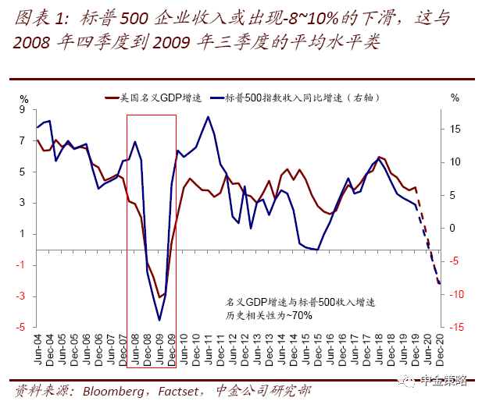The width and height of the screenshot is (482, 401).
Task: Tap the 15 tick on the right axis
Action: (456, 129)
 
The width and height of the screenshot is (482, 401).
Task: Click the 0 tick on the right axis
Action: (455, 228)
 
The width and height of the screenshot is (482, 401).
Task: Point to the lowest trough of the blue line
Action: (159, 320)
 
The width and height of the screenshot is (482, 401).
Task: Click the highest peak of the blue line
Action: (208, 117)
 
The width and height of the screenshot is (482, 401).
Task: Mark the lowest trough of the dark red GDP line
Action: (159, 297)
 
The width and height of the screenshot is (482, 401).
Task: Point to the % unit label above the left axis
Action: (24, 98)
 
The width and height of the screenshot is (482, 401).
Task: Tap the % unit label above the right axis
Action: (455, 98)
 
